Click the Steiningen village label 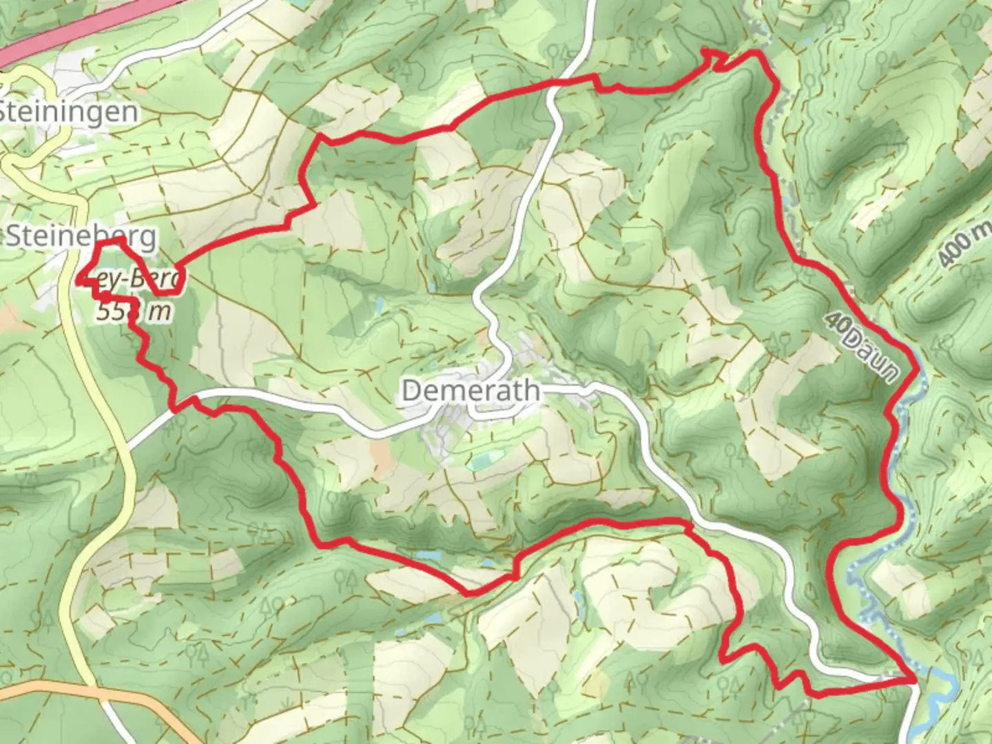pyautogui.click(x=68, y=112)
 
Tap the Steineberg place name pyautogui.click(x=81, y=236)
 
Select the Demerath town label pyautogui.click(x=471, y=391)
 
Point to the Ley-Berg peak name pyautogui.click(x=135, y=280)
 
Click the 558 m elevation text pyautogui.click(x=133, y=311)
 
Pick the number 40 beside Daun pyautogui.click(x=836, y=324)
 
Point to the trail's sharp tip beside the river pyautogui.click(x=916, y=680)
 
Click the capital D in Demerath pyautogui.click(x=411, y=391)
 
